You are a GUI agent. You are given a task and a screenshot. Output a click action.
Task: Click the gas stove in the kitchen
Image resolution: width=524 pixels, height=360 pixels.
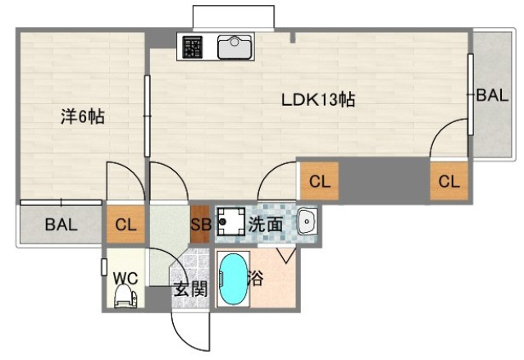[193, 48]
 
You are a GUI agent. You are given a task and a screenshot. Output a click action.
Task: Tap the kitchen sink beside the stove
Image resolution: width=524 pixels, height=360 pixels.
[235, 47]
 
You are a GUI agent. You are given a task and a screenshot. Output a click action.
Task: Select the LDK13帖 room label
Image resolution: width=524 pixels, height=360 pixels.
[318, 101]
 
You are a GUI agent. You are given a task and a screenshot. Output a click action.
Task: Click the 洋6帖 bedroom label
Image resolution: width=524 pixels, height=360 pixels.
[82, 117]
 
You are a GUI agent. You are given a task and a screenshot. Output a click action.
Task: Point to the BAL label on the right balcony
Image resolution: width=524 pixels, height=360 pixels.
[492, 95]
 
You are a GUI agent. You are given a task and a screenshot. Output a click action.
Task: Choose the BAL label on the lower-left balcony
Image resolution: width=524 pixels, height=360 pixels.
[62, 224]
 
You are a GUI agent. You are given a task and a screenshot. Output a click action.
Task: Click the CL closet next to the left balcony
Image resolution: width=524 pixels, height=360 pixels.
[125, 224]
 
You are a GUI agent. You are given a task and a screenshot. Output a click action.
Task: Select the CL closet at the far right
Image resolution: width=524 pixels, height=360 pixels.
[449, 182]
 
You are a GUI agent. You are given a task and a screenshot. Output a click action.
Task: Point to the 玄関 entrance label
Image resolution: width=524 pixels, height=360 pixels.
[189, 288]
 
